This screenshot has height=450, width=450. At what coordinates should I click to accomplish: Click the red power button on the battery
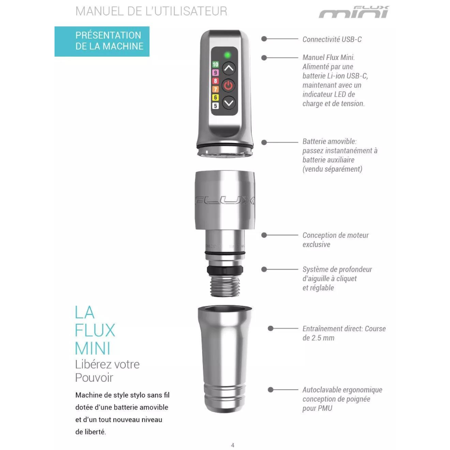point(228,85)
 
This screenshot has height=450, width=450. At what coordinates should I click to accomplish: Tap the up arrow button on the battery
point(229,68)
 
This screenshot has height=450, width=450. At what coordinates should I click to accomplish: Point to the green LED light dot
point(227,55)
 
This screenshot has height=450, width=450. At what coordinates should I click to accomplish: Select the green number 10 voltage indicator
point(215,64)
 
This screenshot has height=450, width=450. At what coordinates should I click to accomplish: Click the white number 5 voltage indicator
point(215,106)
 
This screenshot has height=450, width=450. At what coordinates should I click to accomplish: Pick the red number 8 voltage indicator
point(215,81)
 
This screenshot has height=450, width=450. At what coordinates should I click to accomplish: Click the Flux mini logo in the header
point(354,12)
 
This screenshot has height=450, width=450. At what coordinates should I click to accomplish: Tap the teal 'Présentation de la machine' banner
point(102,41)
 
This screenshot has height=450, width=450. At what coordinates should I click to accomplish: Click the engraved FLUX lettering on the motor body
point(225,200)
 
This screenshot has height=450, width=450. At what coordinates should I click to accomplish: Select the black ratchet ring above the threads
point(225,270)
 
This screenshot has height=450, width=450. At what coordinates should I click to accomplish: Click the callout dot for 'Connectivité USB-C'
point(264,39)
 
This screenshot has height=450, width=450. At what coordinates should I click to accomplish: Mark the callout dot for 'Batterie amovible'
point(264,142)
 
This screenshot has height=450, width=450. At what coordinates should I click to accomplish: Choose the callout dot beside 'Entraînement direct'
point(270,328)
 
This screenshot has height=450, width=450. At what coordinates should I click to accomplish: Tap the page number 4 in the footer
point(233,445)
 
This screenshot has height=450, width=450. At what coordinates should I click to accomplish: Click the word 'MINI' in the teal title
point(92,349)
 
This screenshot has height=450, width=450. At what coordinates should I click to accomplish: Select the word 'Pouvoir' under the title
point(94,377)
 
